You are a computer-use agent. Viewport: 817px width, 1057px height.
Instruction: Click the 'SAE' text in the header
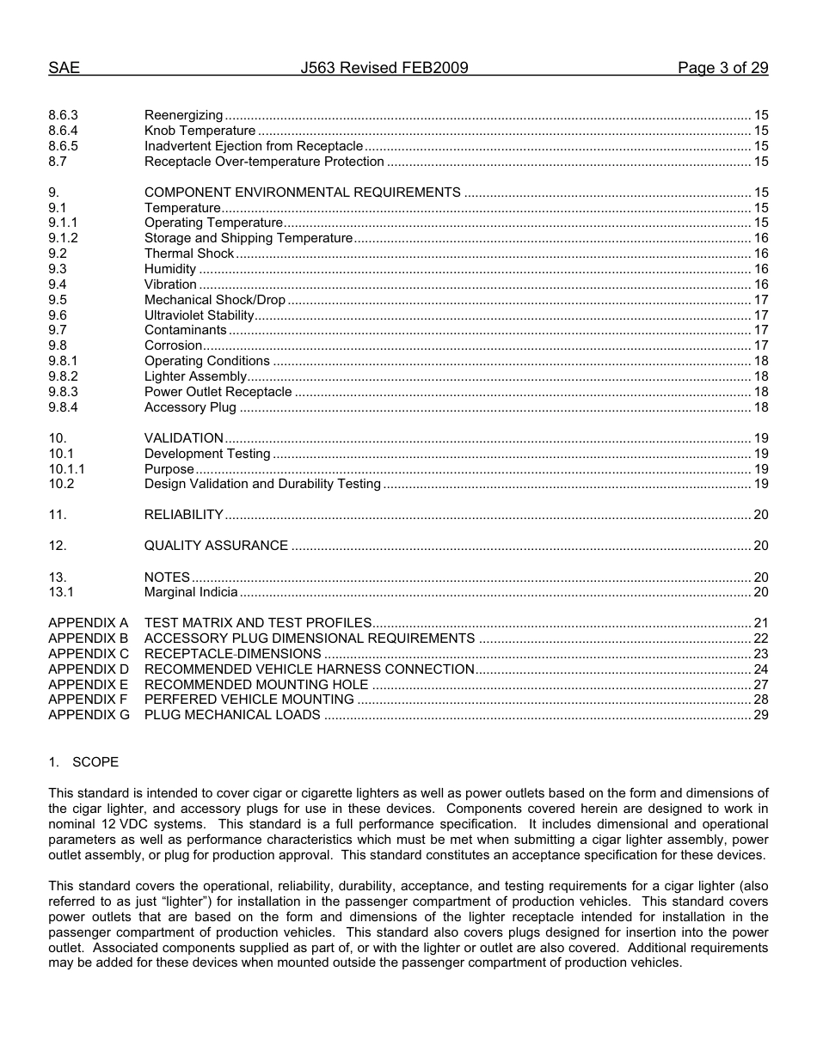click(64, 69)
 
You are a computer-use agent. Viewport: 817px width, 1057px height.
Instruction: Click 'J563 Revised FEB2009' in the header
click(384, 69)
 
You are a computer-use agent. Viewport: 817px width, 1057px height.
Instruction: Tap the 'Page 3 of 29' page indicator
click(722, 69)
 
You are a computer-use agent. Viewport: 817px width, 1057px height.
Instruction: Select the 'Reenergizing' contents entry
click(183, 115)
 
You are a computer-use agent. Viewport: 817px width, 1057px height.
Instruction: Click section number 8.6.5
click(63, 146)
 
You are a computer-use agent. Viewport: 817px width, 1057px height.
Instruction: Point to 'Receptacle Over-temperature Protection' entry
click(264, 162)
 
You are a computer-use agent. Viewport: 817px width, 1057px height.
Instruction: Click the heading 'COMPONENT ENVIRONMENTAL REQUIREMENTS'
click(302, 192)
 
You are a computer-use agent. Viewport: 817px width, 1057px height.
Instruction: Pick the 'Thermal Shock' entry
click(189, 254)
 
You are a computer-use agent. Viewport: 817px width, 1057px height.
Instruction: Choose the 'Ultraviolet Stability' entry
click(199, 315)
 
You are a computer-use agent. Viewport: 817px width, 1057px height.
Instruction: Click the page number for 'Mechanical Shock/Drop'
click(760, 300)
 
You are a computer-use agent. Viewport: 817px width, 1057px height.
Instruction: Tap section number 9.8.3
click(63, 392)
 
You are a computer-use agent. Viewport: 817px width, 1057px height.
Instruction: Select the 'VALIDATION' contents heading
click(183, 438)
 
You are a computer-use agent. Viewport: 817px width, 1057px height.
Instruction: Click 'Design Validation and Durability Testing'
click(262, 484)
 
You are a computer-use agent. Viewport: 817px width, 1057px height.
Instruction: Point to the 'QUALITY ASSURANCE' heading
click(216, 546)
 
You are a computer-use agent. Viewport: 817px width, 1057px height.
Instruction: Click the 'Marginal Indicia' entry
click(191, 592)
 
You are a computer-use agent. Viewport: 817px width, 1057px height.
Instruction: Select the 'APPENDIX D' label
click(89, 669)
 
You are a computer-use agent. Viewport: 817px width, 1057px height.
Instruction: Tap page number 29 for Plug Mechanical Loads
click(760, 715)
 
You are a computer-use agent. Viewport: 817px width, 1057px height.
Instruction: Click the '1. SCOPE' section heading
click(83, 762)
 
